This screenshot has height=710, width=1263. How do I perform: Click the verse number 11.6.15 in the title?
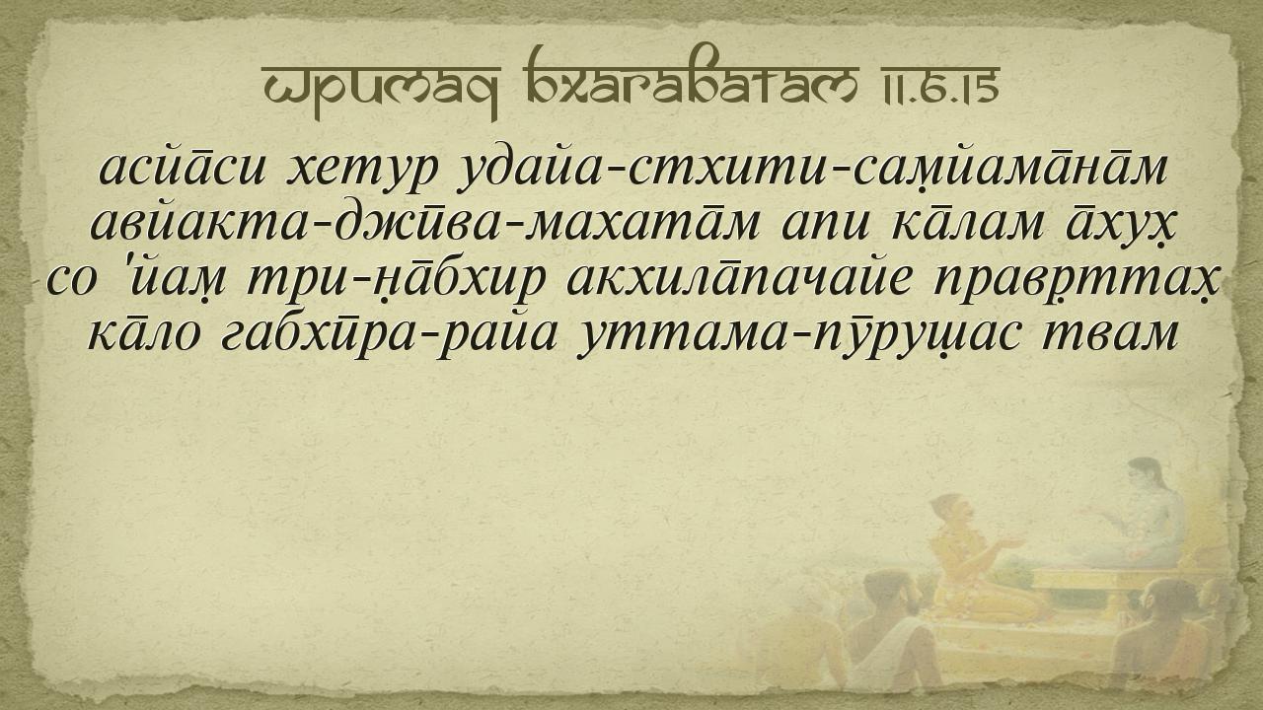click(x=934, y=85)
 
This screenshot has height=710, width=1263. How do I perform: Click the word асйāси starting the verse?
click(x=182, y=167)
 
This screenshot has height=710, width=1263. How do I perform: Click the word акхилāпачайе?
click(x=739, y=276)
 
